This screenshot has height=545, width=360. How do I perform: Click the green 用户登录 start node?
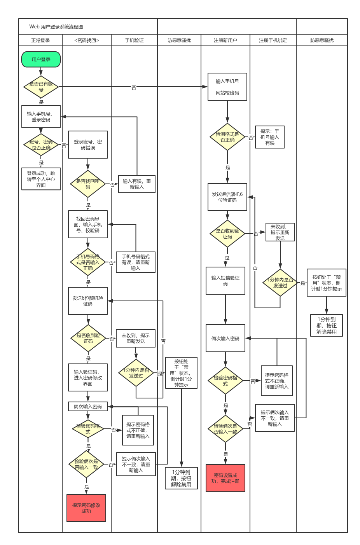[41, 59]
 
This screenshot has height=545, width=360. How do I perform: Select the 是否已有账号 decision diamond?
[41, 87]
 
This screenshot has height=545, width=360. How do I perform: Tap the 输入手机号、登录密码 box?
[41, 117]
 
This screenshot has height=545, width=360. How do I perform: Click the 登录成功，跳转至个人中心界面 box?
[41, 179]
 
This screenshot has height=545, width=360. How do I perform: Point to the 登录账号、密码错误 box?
[88, 145]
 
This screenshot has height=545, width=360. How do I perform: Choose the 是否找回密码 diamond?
[88, 184]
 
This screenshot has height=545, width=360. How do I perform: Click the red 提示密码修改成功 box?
[86, 508]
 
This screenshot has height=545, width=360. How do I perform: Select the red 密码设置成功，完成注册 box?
[225, 478]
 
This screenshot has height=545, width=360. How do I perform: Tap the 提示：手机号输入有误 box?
[270, 137]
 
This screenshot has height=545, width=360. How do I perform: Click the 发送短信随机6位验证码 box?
[227, 197]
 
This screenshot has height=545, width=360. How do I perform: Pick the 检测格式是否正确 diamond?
[227, 137]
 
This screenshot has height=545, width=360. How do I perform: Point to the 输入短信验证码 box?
[225, 281]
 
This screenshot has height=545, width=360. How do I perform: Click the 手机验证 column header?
[134, 40]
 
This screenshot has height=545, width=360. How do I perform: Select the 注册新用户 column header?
[225, 40]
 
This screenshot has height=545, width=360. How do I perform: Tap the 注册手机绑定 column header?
[273, 40]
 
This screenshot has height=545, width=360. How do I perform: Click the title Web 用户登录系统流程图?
[56, 27]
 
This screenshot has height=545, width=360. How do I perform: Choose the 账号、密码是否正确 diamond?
[41, 145]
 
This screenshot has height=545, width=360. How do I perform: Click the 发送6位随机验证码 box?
[88, 301]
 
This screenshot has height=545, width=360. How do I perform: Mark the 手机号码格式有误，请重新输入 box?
[136, 262]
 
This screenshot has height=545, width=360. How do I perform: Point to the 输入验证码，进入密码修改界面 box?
[88, 377]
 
